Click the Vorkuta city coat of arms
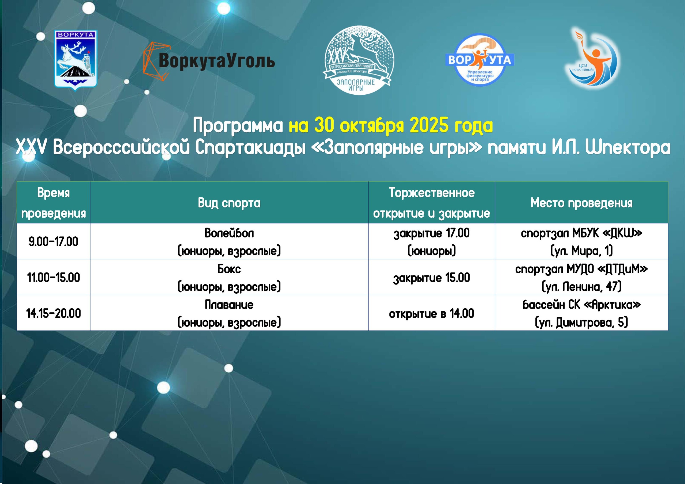point(75,60)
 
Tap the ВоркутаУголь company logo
point(209,61)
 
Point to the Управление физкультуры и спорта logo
point(479,60)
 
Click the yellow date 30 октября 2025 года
point(391,126)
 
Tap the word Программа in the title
point(238,126)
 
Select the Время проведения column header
point(54,203)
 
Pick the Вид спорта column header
point(229,203)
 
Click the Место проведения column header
point(581,203)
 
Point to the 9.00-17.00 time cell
point(54,241)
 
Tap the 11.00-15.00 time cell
point(54,278)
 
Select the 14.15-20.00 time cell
point(54,313)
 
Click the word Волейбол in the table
point(229,233)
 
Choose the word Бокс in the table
point(229,269)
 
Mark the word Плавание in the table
point(229,305)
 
